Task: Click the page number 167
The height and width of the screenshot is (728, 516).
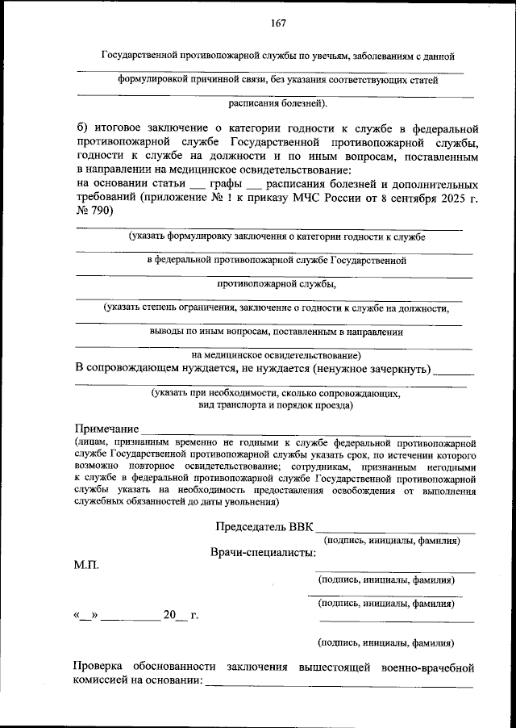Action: [x=279, y=23]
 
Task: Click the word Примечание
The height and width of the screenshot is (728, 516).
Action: [x=106, y=428]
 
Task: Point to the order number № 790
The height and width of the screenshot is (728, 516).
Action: [x=94, y=211]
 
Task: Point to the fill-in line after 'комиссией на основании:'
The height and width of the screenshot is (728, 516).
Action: [x=339, y=685]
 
